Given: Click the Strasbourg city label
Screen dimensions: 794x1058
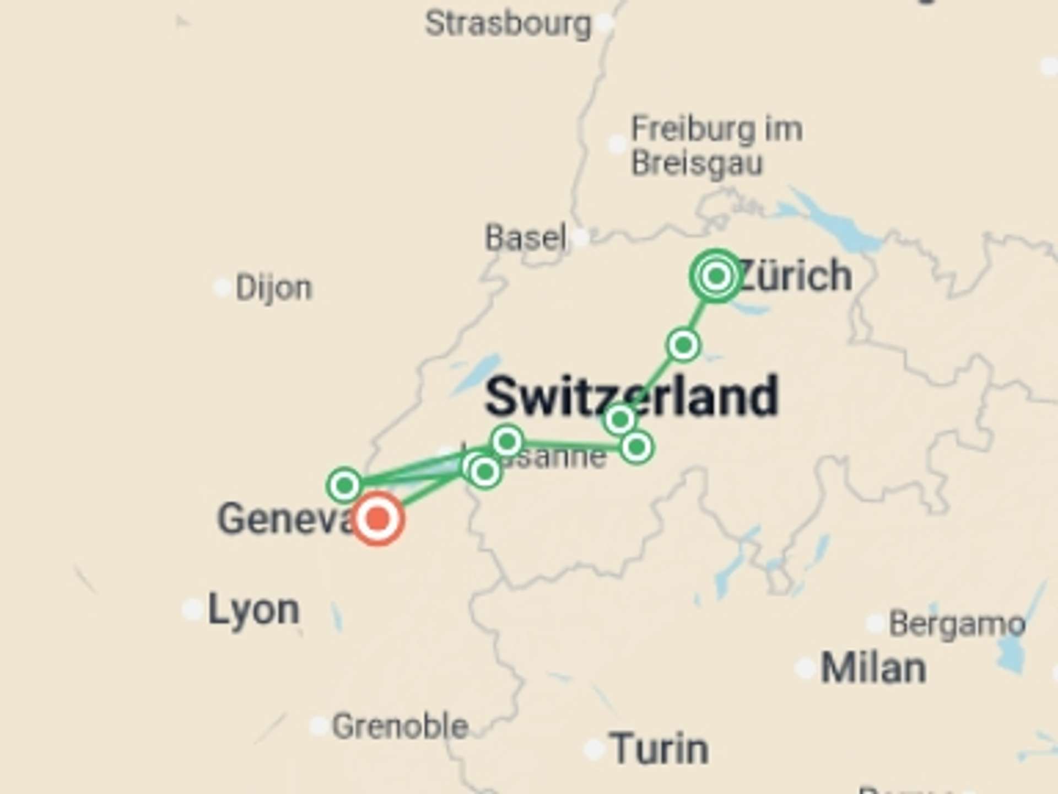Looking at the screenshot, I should pyautogui.click(x=508, y=24).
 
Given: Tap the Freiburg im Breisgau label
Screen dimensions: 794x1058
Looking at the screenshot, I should pyautogui.click(x=716, y=146).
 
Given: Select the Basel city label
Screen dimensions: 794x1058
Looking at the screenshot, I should pyautogui.click(x=525, y=238).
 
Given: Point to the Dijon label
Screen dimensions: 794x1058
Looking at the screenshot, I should pyautogui.click(x=273, y=288).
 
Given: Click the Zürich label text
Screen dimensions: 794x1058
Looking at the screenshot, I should pyautogui.click(x=796, y=275).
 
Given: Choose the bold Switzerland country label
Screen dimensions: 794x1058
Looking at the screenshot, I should pyautogui.click(x=631, y=396).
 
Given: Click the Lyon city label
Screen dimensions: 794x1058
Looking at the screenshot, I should pyautogui.click(x=253, y=610).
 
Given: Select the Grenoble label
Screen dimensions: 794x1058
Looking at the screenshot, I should pyautogui.click(x=400, y=726).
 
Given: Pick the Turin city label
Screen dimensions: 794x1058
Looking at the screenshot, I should pyautogui.click(x=659, y=749).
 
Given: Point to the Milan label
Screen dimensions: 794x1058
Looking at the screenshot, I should pyautogui.click(x=873, y=668).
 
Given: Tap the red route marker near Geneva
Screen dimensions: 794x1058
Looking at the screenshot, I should pyautogui.click(x=378, y=519).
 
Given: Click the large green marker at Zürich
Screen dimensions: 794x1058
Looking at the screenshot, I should pyautogui.click(x=716, y=275).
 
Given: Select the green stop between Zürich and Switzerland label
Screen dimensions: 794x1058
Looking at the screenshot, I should pyautogui.click(x=683, y=345).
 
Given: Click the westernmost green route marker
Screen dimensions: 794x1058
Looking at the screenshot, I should pyautogui.click(x=344, y=485).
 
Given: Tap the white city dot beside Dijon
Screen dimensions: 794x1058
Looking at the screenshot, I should pyautogui.click(x=222, y=287).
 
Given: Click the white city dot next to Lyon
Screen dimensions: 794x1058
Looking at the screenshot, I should pyautogui.click(x=192, y=610).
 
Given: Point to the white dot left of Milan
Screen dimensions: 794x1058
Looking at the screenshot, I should pyautogui.click(x=805, y=668).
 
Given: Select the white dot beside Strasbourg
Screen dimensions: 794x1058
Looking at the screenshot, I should pyautogui.click(x=604, y=23).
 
